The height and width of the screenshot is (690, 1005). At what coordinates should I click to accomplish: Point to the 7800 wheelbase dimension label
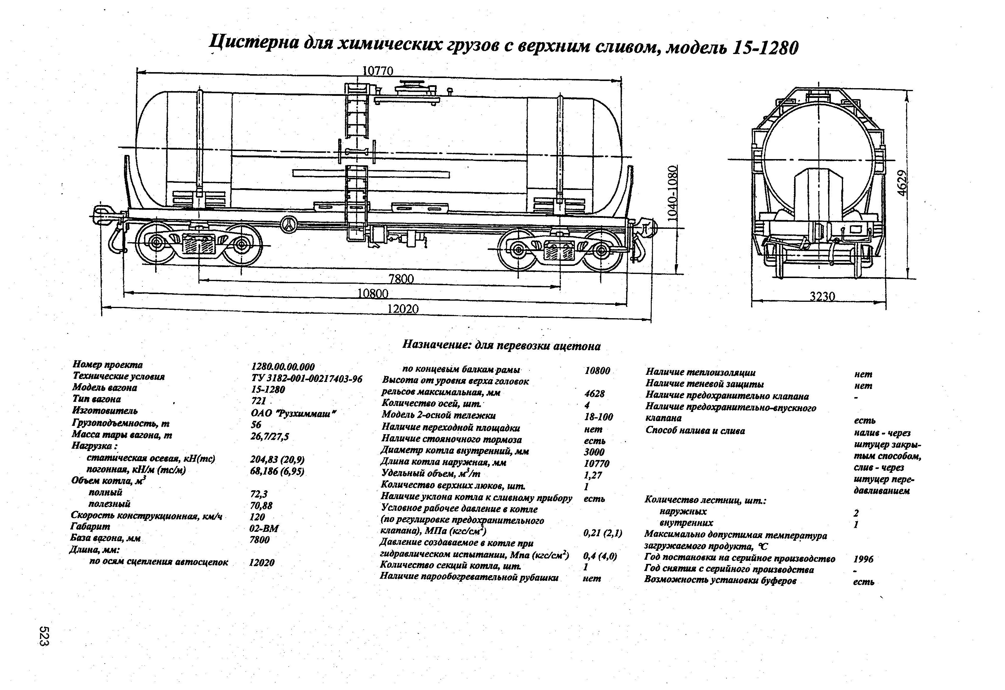[401, 279]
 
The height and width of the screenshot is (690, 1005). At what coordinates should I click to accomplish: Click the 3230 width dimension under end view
[822, 296]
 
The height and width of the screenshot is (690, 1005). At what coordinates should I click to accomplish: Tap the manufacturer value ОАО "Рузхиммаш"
[293, 413]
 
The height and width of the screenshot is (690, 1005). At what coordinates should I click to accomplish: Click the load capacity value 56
[256, 425]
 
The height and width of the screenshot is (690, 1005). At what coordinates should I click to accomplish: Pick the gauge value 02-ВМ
[264, 528]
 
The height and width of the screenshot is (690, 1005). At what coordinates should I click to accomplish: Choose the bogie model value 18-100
[598, 417]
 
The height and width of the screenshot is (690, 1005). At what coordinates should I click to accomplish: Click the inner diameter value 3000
[594, 452]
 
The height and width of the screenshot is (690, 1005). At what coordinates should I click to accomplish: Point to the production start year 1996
[863, 559]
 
